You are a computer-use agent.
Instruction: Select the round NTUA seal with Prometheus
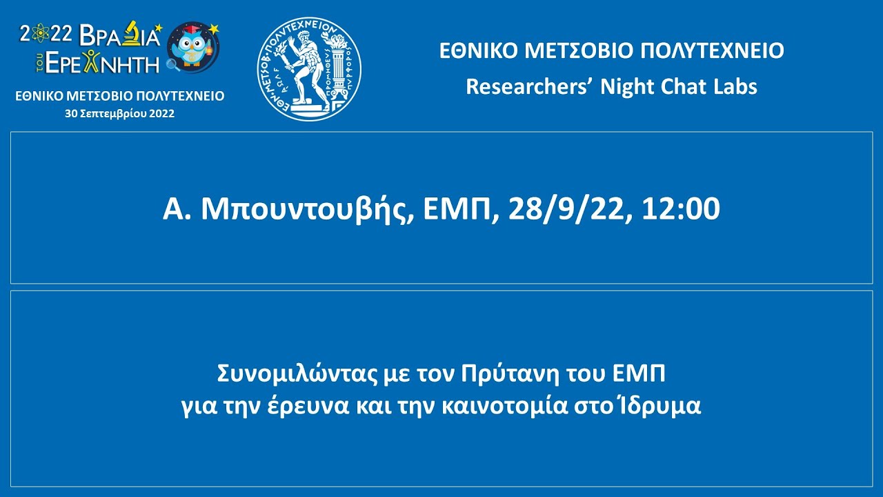point(309,69)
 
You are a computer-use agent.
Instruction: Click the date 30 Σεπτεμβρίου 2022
point(119,114)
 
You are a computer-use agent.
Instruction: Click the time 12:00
point(679,208)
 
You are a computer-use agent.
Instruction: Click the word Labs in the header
point(733,87)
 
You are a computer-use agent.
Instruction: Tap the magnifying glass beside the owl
point(171,66)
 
